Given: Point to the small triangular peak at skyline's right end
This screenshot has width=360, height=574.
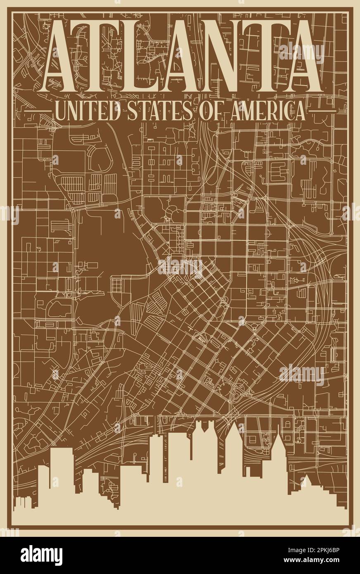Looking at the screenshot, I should point(306,481).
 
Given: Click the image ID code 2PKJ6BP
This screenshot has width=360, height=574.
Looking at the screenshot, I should point(328,550).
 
